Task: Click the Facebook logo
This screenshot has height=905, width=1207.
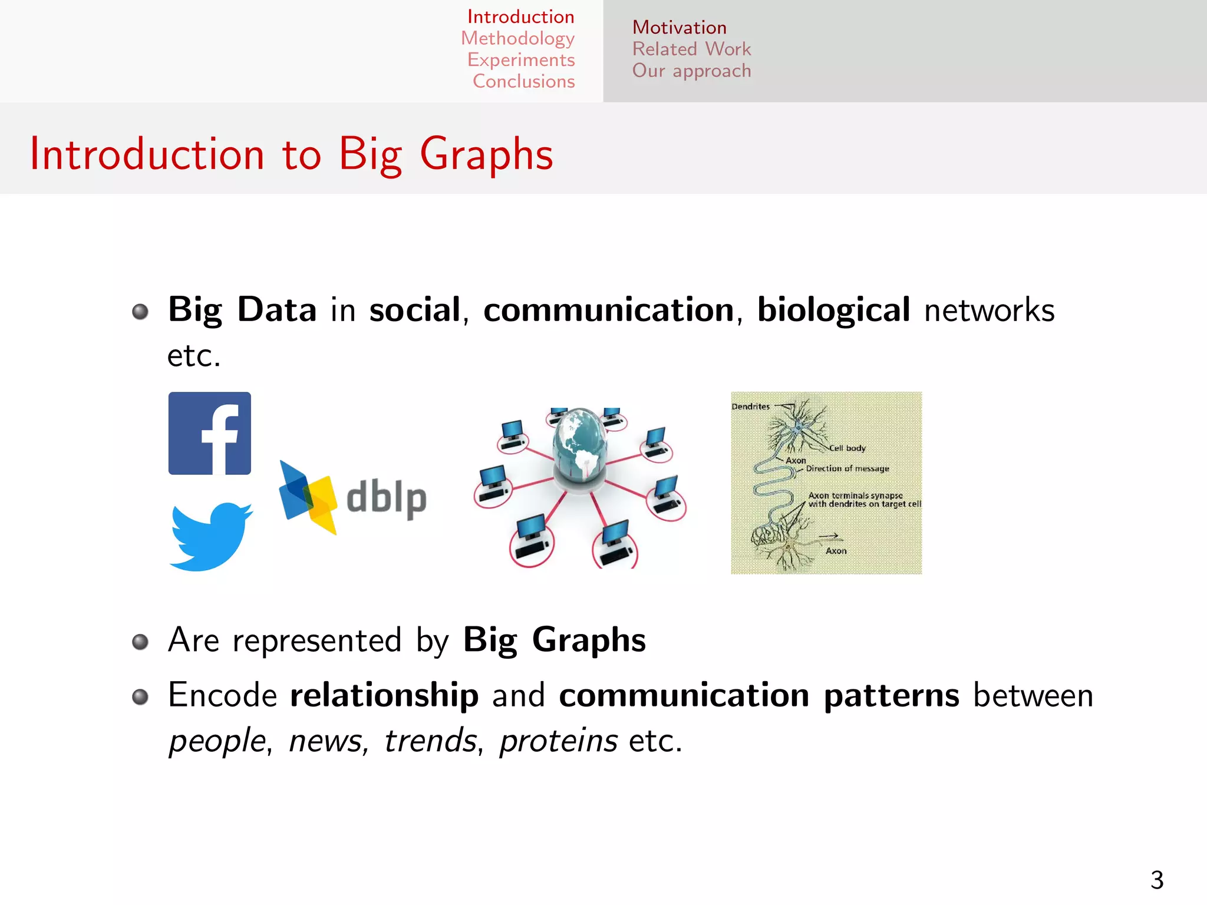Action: pos(209,433)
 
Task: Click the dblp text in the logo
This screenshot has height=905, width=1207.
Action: pos(386,498)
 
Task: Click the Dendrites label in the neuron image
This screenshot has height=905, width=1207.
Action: pos(750,407)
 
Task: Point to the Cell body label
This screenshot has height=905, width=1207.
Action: pos(847,448)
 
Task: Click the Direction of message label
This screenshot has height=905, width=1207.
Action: pos(847,468)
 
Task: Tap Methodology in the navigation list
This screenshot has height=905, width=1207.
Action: pos(517,38)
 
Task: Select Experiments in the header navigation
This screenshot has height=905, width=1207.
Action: pos(521,60)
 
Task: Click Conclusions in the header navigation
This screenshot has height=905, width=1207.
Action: pos(523,81)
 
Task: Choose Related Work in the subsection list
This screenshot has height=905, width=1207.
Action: pos(691,49)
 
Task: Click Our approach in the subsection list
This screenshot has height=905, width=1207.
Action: pos(691,71)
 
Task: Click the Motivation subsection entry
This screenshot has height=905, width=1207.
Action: pos(679,27)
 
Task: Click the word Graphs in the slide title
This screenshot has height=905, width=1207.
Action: pos(486,154)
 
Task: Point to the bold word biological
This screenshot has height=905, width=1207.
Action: pos(833,311)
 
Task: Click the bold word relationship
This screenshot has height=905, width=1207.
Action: pos(384,695)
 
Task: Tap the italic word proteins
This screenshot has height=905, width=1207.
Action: pos(559,741)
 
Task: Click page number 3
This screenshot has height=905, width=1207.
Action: pos(1157,880)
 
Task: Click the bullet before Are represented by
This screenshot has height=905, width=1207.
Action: pos(140,642)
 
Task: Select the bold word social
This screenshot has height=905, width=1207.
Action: pos(414,311)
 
